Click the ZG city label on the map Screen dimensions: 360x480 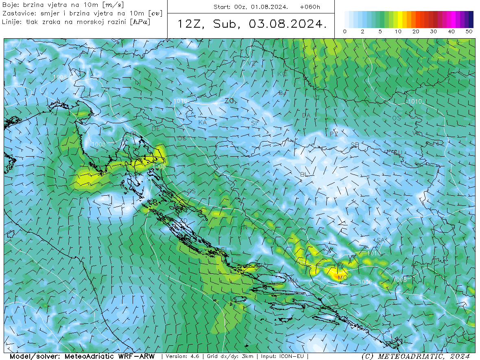click(x=229, y=101)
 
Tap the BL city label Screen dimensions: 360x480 click(x=303, y=175)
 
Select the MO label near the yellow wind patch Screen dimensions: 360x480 click(x=342, y=278)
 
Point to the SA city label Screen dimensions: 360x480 click(x=380, y=240)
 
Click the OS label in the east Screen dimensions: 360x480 click(x=396, y=118)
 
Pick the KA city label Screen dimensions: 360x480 click(x=202, y=122)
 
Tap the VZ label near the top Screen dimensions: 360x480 click(x=252, y=63)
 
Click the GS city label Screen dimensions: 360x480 click(x=191, y=191)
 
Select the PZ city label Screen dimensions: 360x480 click(x=334, y=134)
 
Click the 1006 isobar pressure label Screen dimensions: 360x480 click(x=365, y=282)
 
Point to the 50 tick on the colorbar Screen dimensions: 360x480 click(x=469, y=32)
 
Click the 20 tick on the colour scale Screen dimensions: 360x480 click(x=416, y=32)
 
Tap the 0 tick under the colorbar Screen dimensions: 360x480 click(x=345, y=32)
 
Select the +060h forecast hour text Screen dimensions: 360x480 click(x=310, y=7)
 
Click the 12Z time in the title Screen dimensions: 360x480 click(x=190, y=24)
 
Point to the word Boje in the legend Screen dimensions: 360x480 click(x=10, y=5)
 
